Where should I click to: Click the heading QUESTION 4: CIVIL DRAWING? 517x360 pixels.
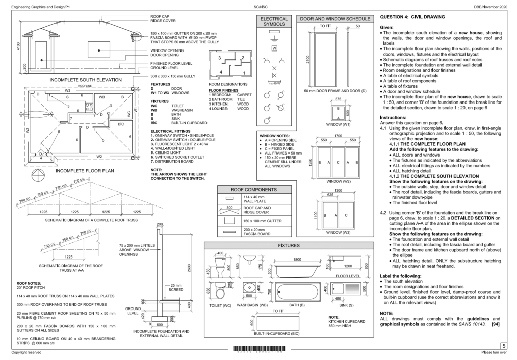click(412, 17)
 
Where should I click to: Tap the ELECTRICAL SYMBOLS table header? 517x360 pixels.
click(273, 21)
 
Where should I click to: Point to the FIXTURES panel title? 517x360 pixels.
click(289, 245)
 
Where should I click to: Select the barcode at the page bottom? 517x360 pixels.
click(258, 349)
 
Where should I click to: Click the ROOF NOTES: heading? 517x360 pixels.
click(29, 283)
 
